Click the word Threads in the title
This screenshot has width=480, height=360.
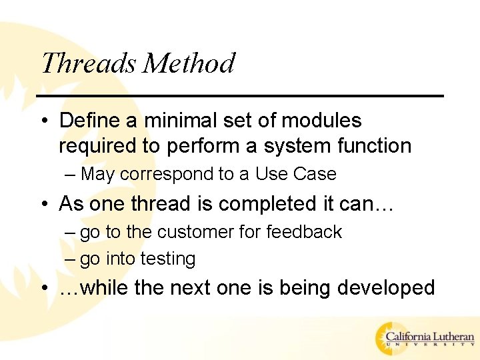[89, 63]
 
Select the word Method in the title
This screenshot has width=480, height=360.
[189, 63]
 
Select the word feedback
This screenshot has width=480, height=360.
[304, 232]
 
